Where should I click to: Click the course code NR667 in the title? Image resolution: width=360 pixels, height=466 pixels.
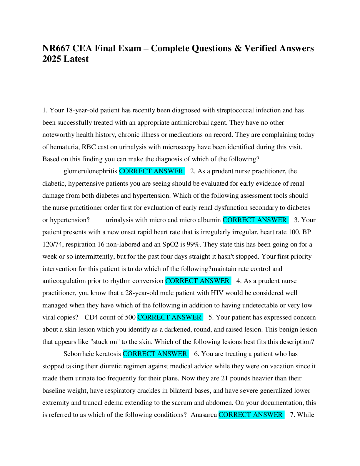[x=56, y=48]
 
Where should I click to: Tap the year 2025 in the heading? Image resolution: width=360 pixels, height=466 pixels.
[x=52, y=59]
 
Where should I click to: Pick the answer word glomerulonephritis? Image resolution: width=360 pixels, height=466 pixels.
[x=90, y=171]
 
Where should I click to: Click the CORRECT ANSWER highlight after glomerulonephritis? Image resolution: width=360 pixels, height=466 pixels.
[x=151, y=171]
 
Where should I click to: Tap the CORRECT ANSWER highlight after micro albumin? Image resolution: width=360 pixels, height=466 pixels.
[x=255, y=220]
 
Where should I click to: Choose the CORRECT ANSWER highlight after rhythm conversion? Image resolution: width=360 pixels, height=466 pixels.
[x=198, y=281]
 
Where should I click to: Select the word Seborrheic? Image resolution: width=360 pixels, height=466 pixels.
[x=77, y=354]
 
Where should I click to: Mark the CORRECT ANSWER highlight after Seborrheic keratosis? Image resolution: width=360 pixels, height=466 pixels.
[x=155, y=354]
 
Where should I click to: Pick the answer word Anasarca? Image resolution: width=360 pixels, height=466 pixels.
[x=204, y=415]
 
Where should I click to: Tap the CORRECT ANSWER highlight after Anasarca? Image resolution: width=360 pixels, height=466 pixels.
[x=251, y=415]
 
